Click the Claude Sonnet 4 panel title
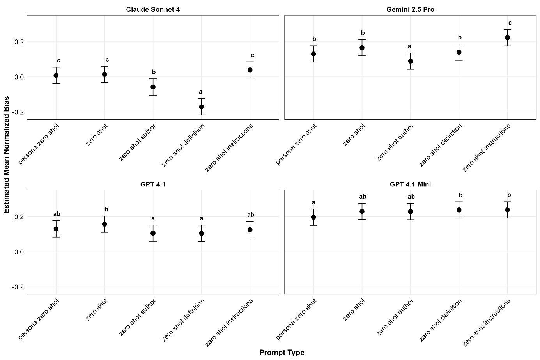click(153, 9)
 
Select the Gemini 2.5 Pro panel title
click(410, 9)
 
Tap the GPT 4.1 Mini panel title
click(410, 184)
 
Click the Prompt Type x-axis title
click(282, 353)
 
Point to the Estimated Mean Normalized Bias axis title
click(7, 154)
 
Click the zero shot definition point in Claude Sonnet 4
click(202, 107)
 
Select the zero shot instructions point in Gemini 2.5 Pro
click(508, 38)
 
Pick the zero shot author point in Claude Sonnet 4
click(153, 87)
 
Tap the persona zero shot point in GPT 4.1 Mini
click(313, 217)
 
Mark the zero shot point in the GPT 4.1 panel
click(104, 224)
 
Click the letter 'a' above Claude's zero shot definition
click(201, 92)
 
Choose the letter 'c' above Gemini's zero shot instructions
click(510, 23)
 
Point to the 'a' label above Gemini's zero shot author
click(409, 46)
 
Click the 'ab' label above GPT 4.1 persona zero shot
click(57, 214)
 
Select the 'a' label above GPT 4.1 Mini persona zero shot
click(313, 202)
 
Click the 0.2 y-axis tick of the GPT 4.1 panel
click(19, 217)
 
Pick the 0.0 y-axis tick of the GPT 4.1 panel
click(19, 252)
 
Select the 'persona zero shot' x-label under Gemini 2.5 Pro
click(297, 144)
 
